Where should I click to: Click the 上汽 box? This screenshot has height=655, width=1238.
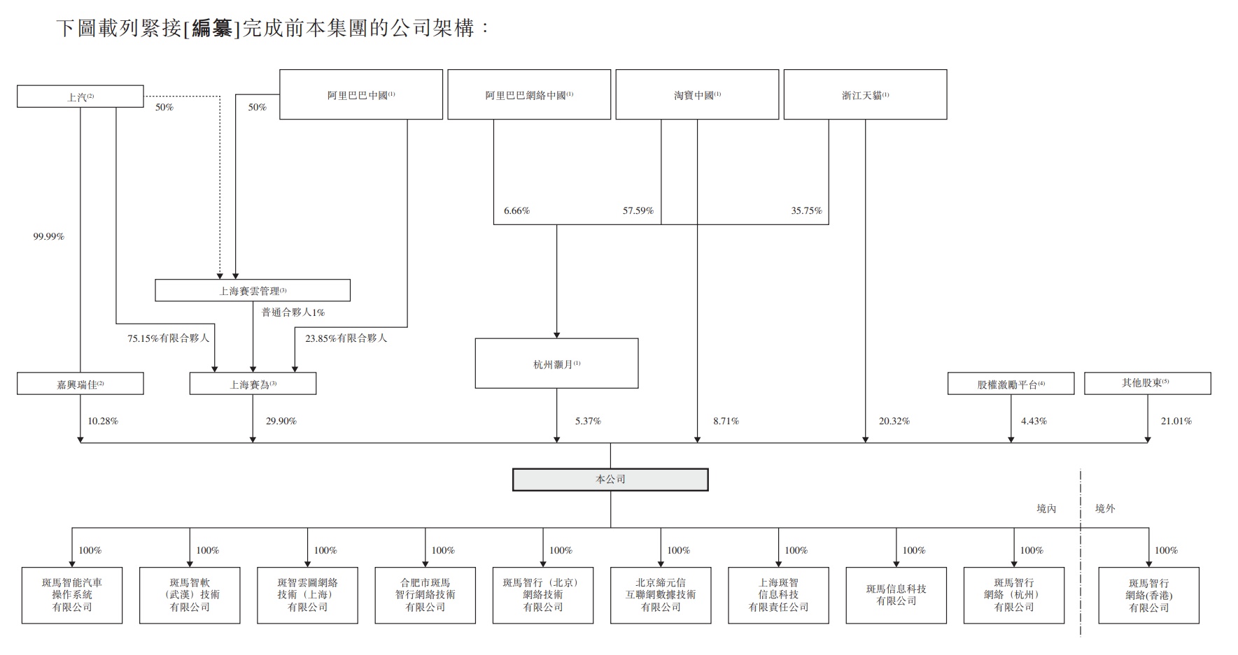[80, 96]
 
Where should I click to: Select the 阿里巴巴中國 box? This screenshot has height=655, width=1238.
[361, 94]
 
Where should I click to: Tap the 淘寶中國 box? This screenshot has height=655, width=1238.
[697, 94]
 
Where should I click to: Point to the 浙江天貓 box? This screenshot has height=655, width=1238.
[865, 94]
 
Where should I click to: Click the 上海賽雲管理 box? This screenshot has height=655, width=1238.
[252, 291]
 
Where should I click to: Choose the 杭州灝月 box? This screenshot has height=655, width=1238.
[556, 364]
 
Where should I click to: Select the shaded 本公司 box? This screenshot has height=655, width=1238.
[610, 480]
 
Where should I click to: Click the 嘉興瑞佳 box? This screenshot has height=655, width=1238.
[80, 384]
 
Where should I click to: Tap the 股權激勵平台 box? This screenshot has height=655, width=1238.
[1011, 384]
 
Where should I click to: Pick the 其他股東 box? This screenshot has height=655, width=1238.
[1147, 383]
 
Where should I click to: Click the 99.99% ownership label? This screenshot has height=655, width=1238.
[48, 237]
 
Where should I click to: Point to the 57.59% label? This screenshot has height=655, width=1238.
[638, 210]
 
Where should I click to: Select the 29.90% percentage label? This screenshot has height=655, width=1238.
[281, 421]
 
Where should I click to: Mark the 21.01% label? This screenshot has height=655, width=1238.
[1176, 421]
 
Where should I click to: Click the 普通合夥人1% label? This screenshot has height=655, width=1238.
[293, 312]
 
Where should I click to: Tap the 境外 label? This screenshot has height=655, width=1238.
[1104, 508]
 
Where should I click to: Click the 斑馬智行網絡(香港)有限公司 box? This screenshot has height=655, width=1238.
[1148, 596]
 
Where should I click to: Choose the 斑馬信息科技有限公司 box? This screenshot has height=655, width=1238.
[896, 595]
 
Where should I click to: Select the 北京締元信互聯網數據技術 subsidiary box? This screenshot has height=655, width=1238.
[661, 595]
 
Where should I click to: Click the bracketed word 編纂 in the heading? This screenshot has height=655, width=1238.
[211, 29]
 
